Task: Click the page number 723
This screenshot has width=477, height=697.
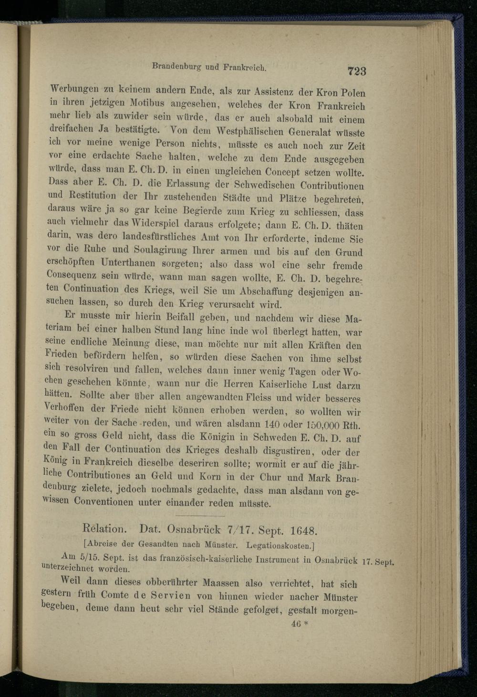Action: point(356,71)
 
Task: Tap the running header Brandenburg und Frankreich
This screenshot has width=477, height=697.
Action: point(208,67)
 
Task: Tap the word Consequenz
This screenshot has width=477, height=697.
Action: point(72,275)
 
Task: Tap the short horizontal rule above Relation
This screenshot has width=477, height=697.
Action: point(197,516)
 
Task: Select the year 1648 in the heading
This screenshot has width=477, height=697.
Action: point(303,530)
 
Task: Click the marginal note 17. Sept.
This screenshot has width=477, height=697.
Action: point(378,562)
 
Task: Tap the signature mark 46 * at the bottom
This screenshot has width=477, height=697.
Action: point(300,624)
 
